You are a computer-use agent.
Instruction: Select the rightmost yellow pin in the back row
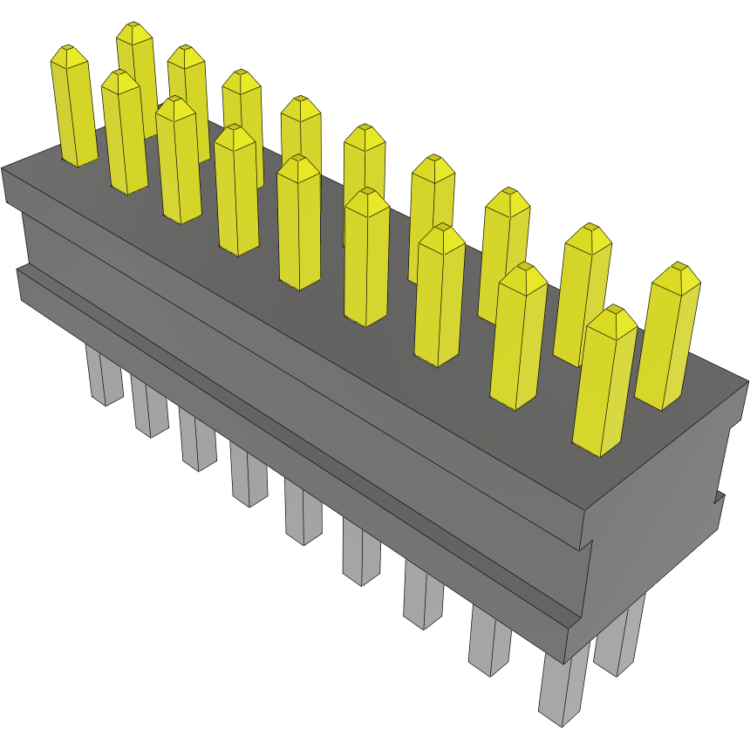(668, 340)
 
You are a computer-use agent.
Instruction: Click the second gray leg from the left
(150, 410)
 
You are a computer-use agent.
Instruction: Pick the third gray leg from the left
(197, 441)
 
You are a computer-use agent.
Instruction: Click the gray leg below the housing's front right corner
(562, 689)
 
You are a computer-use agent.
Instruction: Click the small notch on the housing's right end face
(719, 498)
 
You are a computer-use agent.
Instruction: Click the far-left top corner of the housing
(3, 167)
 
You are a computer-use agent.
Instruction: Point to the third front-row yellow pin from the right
(440, 297)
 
